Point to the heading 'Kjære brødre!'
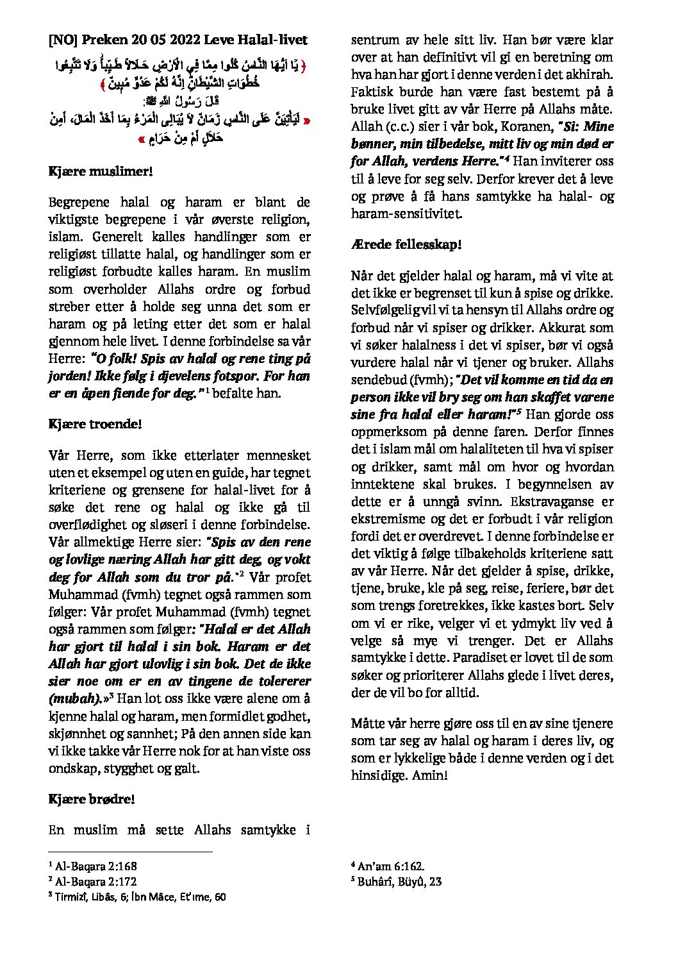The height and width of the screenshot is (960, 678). [x=91, y=799]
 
